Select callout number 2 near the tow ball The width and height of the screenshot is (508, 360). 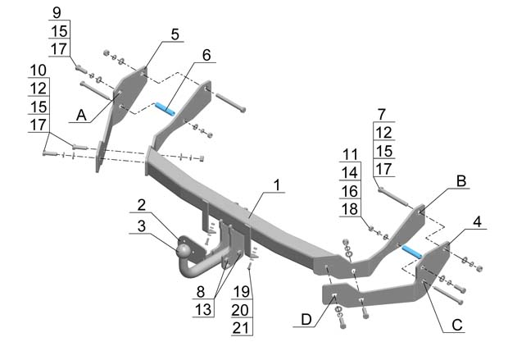click(142, 204)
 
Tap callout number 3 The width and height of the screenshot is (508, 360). click(142, 225)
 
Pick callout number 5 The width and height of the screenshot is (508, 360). click(175, 34)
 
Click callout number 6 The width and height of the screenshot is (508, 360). click(206, 54)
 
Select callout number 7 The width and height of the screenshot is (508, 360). click(381, 112)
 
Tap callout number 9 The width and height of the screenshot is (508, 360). click(57, 11)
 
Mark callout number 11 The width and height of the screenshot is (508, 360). click(350, 154)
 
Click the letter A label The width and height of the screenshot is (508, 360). click(81, 116)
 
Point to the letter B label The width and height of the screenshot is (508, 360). click(461, 180)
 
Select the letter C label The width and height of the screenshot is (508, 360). click(457, 325)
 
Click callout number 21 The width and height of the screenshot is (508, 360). click(240, 328)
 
